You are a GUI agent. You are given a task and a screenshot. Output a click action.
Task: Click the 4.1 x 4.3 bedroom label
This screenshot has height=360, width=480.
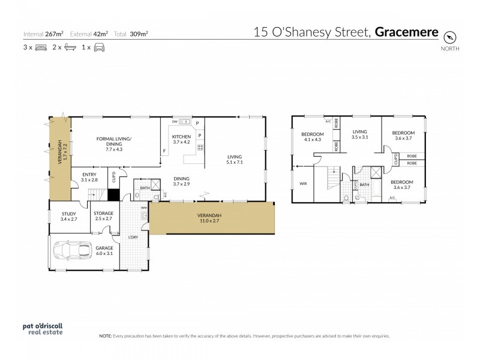point(312,136)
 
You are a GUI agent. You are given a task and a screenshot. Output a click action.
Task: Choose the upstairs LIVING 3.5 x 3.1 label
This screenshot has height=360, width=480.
point(359,134)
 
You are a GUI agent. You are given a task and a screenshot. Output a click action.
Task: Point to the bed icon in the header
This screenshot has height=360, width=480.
point(41,47)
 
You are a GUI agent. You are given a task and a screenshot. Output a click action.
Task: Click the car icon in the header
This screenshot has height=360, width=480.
point(99,47)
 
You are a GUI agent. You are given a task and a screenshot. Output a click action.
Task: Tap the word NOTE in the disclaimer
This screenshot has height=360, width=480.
point(106,337)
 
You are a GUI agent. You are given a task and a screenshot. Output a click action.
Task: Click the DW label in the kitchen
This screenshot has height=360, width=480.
point(174,122)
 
